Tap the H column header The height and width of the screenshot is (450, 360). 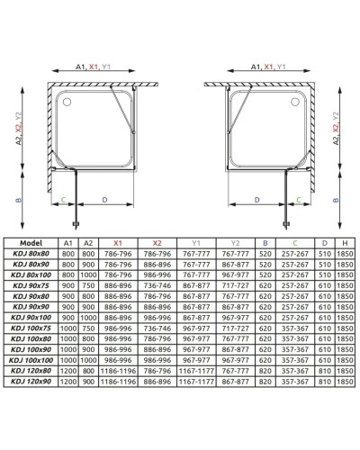[344, 243]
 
